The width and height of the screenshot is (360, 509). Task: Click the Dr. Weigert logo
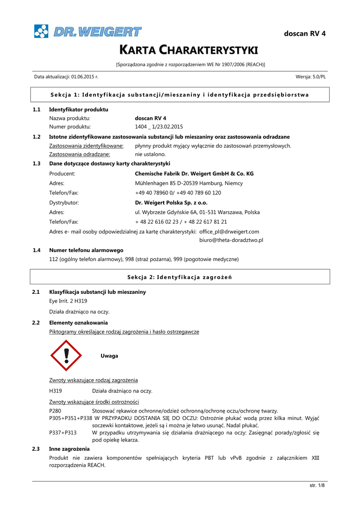coord(88,31)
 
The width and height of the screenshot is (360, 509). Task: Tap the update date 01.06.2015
coord(85,77)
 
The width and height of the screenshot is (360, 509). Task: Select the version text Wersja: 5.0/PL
coord(310,77)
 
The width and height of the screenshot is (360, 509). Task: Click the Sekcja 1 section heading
coord(180,94)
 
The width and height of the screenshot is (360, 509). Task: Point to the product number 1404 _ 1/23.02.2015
coord(159,127)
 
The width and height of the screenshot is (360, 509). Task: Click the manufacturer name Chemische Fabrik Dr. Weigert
coord(194,174)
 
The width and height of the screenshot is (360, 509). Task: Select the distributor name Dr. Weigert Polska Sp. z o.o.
coord(171,203)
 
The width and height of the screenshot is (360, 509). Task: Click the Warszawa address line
coord(197,212)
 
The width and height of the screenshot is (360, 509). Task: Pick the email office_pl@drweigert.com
coord(229,232)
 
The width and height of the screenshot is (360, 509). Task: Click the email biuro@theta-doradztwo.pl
coord(231,240)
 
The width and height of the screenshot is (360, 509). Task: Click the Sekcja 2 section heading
coord(180,277)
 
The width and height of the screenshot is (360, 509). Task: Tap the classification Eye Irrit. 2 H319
coord(68,301)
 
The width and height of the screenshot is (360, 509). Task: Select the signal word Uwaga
coord(109,356)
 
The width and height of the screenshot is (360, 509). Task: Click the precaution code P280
coord(55,411)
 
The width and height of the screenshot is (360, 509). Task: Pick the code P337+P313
coord(63,433)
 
